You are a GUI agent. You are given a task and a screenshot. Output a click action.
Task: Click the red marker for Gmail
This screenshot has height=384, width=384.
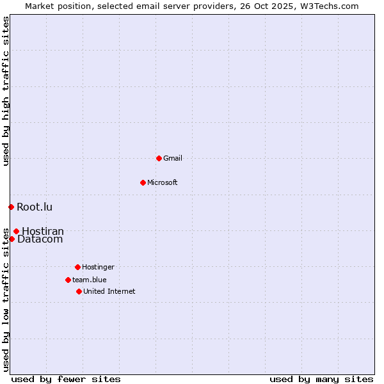[159, 158]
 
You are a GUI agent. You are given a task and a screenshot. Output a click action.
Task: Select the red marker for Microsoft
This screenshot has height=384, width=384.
[143, 182]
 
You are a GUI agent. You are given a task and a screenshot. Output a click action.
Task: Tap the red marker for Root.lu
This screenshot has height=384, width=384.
[11, 207]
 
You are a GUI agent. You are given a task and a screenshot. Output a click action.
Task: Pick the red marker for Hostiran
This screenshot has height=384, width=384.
[16, 231]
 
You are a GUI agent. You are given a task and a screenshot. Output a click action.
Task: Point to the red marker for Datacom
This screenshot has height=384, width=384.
[12, 239]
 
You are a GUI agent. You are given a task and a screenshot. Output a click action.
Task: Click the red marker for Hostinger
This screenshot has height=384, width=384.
[77, 267]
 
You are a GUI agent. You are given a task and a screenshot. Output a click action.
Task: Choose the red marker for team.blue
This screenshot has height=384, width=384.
[68, 280]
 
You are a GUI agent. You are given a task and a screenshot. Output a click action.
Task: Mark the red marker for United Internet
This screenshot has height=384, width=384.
[79, 291]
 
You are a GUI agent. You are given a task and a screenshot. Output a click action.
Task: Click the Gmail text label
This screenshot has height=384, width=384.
[173, 158]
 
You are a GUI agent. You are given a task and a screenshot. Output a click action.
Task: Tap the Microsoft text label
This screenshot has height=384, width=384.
[163, 182]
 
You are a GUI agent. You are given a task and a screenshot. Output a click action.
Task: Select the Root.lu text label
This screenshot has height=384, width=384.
[35, 207]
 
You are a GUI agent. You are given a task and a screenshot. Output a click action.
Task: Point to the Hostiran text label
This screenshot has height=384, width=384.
[43, 231]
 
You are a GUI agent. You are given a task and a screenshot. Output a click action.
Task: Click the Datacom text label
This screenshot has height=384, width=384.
[40, 239]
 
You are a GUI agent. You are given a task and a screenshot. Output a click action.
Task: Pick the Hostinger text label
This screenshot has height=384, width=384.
[98, 267]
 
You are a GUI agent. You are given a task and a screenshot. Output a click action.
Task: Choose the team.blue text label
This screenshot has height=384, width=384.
[90, 280]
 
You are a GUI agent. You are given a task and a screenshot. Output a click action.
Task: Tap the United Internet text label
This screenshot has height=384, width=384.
[109, 291]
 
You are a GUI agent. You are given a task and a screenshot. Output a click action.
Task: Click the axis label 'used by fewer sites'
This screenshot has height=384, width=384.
[66, 379]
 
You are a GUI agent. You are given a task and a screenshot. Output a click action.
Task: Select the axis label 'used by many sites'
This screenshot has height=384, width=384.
[321, 379]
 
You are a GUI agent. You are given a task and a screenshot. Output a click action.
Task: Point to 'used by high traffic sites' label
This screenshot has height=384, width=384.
[6, 91]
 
